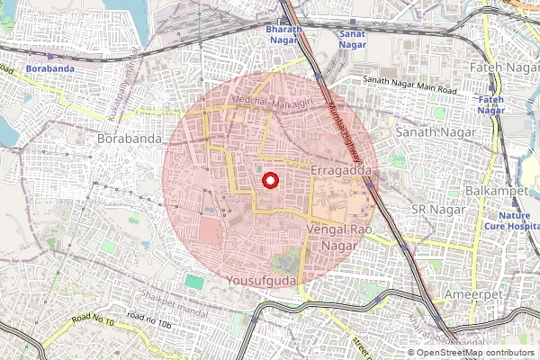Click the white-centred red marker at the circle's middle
pos(269,181)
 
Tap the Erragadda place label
pos(340,169)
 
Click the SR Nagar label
pos(429,209)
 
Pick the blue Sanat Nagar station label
pos(351,36)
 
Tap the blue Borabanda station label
pos(49,68)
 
